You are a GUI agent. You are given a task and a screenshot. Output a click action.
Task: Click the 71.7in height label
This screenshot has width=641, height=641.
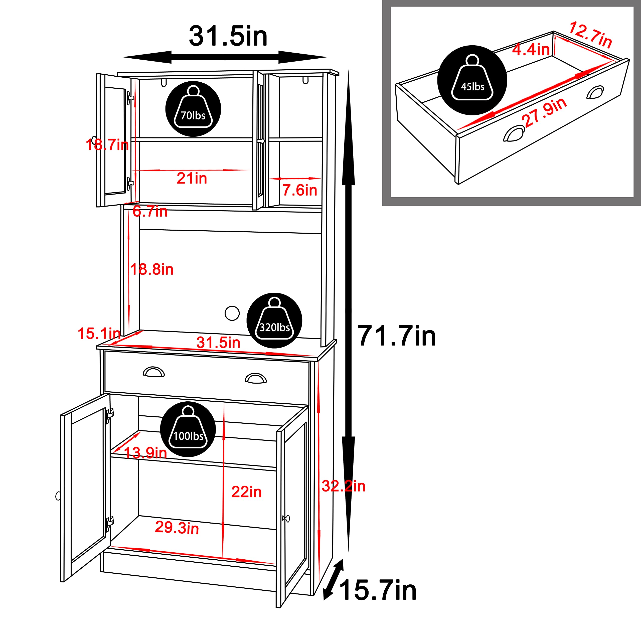click(396, 336)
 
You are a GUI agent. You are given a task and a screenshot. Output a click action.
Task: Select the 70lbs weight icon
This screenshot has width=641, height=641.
click(193, 109)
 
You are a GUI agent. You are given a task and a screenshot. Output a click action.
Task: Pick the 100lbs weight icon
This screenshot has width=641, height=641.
click(188, 429)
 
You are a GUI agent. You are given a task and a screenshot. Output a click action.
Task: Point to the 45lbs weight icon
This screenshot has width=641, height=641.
click(472, 80)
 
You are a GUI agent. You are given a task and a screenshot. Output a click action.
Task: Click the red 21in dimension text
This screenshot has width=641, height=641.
click(192, 179)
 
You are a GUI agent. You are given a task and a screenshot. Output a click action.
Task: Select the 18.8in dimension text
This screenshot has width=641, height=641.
click(152, 269)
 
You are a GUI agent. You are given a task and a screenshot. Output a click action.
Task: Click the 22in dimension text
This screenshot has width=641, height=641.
click(246, 492)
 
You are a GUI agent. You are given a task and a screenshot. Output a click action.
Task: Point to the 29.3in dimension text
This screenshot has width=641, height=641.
click(177, 528)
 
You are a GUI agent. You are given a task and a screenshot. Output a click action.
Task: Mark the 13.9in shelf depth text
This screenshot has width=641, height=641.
click(145, 453)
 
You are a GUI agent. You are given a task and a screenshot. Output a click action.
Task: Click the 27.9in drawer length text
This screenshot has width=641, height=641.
click(544, 112)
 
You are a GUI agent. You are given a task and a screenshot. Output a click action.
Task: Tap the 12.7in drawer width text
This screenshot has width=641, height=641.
click(590, 35)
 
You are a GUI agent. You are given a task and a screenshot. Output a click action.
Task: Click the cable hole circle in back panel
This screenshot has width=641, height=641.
click(232, 313)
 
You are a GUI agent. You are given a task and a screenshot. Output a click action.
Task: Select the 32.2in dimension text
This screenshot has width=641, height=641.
click(343, 487)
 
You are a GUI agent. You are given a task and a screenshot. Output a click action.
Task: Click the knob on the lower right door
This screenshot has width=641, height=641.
click(286, 518)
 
